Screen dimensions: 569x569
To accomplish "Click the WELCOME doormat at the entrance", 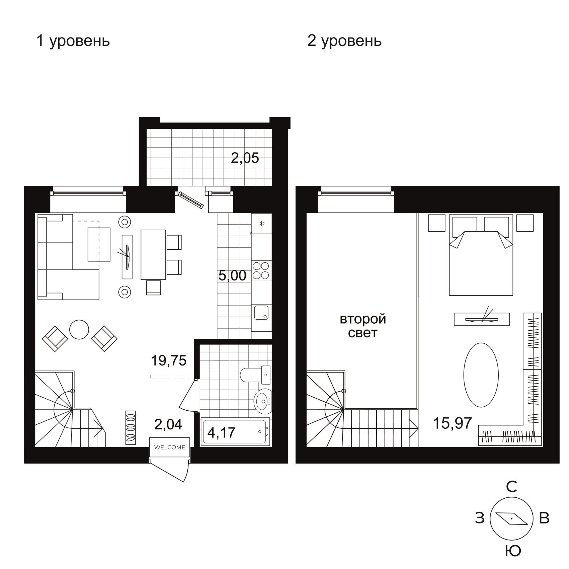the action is (170, 447).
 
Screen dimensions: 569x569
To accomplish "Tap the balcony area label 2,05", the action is (245, 158).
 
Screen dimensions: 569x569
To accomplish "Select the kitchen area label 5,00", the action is (232, 275).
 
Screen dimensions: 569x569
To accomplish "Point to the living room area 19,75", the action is (169, 360).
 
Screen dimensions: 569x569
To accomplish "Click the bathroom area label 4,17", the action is (222, 432).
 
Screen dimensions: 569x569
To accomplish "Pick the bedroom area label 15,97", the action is (453, 423).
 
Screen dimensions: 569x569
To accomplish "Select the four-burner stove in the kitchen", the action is (261, 270).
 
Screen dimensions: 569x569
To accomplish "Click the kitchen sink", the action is (261, 313).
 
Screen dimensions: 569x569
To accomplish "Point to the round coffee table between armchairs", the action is (79, 330).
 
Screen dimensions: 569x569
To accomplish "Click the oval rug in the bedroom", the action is (481, 375).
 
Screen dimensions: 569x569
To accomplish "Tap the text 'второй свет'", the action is (363, 326).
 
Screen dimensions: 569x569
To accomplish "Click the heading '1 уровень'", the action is (73, 41).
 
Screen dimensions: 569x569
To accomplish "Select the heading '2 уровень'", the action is (344, 41).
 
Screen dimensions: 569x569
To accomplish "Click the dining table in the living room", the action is (153, 254).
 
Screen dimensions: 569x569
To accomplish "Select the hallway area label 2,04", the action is (168, 424).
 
